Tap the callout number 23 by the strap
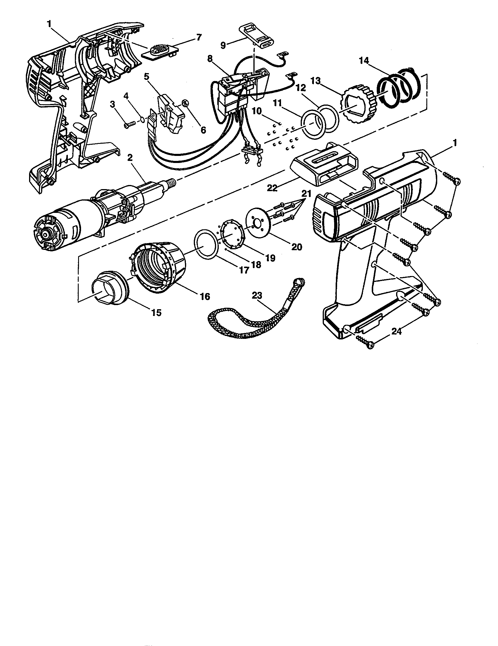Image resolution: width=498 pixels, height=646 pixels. [x=257, y=295]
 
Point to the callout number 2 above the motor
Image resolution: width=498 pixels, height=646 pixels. [x=129, y=158]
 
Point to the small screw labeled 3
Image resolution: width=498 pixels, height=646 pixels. [x=129, y=125]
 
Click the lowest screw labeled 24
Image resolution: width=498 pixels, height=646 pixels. [x=365, y=344]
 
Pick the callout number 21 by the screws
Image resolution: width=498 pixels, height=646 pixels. [x=306, y=194]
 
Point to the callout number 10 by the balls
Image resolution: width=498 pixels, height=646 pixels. [x=257, y=111]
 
